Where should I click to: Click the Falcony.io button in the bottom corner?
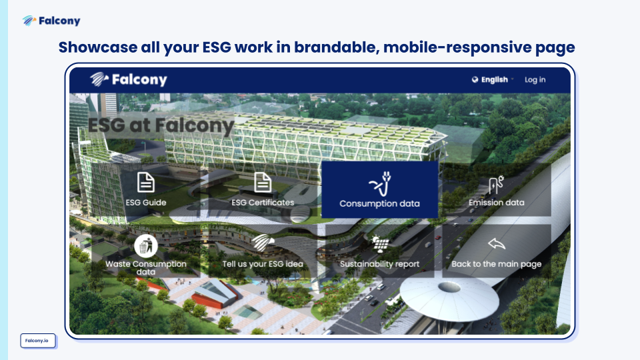click(x=38, y=341)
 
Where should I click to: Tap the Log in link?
click(x=535, y=80)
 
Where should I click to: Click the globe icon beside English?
click(x=475, y=79)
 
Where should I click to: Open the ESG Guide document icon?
click(x=146, y=182)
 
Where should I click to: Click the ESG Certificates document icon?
click(x=263, y=182)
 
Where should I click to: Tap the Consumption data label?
click(x=379, y=203)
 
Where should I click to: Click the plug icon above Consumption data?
click(x=380, y=184)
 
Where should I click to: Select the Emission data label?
click(x=496, y=203)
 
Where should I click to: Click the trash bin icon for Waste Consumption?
click(x=146, y=246)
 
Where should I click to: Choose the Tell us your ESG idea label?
click(x=263, y=264)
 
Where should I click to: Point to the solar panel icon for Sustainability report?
click(x=380, y=245)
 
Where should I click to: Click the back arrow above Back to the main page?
click(x=496, y=244)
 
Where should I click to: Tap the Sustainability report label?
click(x=379, y=264)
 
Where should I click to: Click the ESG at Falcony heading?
click(x=161, y=125)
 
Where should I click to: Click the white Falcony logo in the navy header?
click(x=129, y=79)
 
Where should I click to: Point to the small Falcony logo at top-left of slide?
click(x=51, y=21)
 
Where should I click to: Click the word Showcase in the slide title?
click(x=98, y=47)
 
